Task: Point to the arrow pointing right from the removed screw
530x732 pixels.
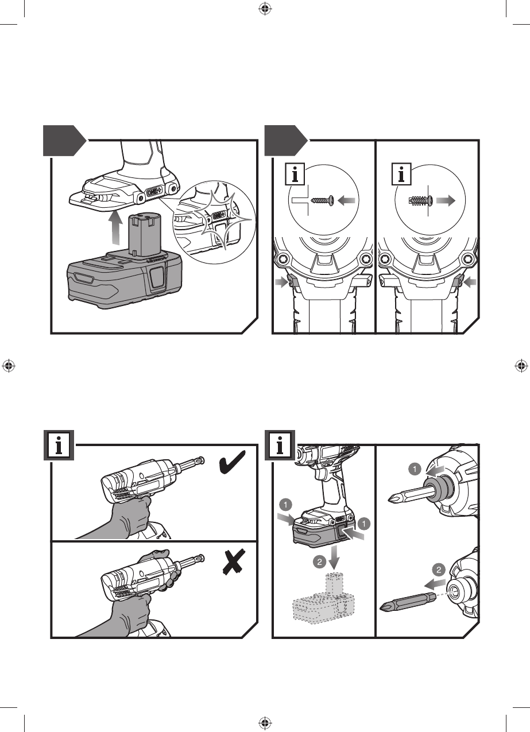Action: point(444,200)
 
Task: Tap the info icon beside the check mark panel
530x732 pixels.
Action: point(59,446)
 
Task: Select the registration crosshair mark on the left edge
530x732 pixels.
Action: point(8,366)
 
